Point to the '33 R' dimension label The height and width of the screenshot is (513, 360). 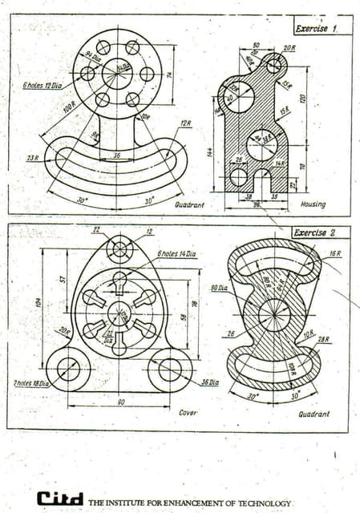32,158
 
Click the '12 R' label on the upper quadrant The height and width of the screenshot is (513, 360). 186,123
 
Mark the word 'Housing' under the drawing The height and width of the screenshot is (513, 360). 313,204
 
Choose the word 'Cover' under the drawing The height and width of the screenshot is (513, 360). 188,412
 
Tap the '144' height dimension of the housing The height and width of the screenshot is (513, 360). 211,152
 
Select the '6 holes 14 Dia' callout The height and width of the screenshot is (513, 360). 176,254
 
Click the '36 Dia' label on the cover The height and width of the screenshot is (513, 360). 210,382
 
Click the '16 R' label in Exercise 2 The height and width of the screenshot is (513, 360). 334,254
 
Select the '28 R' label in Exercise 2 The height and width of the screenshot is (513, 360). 324,340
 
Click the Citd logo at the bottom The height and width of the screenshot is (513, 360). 59,499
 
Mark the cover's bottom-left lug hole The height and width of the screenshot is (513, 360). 68,370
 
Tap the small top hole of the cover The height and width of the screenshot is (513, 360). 119,249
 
